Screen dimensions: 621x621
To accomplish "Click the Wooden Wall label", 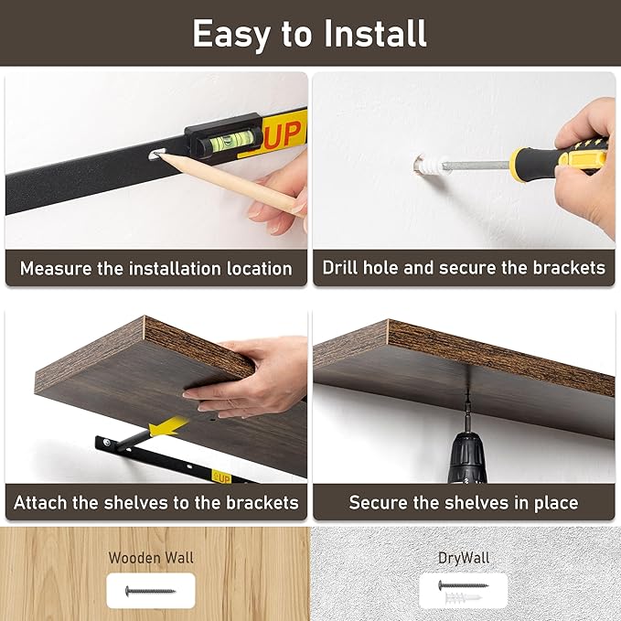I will (151, 557).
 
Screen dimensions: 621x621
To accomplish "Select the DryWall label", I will (463, 557).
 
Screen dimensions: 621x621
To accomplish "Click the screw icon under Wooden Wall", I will (151, 591).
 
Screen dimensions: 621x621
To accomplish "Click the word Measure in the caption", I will (54, 269).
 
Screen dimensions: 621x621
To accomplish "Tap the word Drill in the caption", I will (342, 269).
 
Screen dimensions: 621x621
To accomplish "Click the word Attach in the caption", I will (43, 503).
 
